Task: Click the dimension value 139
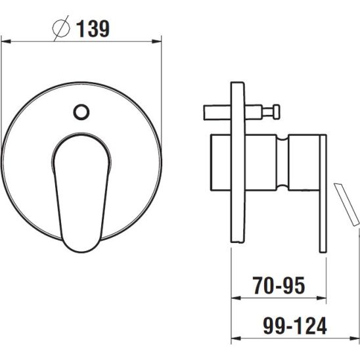pyautogui.click(x=93, y=29)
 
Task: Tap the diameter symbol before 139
pyautogui.click(x=61, y=28)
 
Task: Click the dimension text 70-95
pyautogui.click(x=279, y=285)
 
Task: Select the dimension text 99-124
pyautogui.click(x=295, y=326)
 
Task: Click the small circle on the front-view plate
pyautogui.click(x=81, y=112)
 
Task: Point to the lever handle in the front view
pyautogui.click(x=81, y=193)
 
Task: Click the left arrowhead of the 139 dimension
pyautogui.click(x=6, y=41)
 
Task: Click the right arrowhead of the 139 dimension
pyautogui.click(x=157, y=41)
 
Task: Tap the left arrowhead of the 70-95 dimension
pyautogui.click(x=236, y=298)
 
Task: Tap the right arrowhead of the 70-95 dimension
pyautogui.click(x=321, y=298)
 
